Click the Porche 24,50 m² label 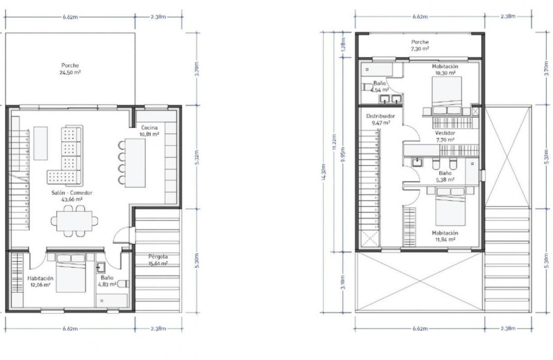tap(70, 69)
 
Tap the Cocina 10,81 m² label tap(149, 131)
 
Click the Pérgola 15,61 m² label tap(158, 260)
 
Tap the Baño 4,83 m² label tap(107, 281)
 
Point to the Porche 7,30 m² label tap(419, 45)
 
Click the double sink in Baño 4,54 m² tap(391, 99)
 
